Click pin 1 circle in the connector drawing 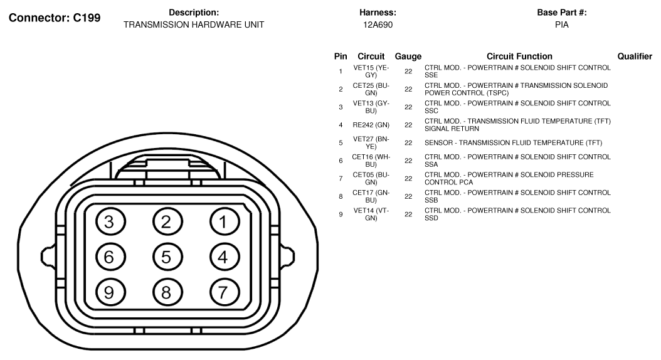(x=223, y=222)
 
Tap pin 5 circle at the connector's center (x=167, y=257)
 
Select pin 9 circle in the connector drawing (x=110, y=292)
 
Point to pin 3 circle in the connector (x=110, y=222)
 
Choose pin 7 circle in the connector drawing (x=223, y=292)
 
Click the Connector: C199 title (x=55, y=18)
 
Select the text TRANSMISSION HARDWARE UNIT (x=194, y=25)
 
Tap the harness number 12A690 (x=378, y=25)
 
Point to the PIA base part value (x=561, y=25)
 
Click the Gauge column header (x=408, y=56)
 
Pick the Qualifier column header (x=635, y=56)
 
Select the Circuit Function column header (x=519, y=56)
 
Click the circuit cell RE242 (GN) (x=371, y=125)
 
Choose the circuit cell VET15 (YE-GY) (x=371, y=71)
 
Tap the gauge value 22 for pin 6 (x=408, y=161)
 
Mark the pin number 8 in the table (x=341, y=196)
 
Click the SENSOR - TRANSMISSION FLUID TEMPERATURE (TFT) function (x=514, y=143)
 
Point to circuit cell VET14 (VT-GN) (x=371, y=214)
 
